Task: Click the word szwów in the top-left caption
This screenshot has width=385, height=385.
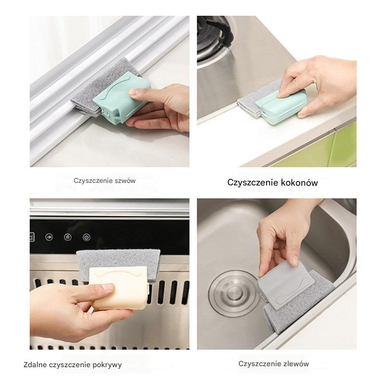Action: click(x=125, y=181)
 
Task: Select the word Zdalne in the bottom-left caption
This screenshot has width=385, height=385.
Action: click(x=35, y=365)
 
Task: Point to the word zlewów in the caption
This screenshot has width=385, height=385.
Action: click(x=296, y=364)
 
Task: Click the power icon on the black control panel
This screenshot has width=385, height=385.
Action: click(x=87, y=237)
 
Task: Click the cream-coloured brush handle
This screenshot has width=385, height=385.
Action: click(x=118, y=287)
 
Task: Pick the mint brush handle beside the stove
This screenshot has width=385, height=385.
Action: click(x=280, y=105)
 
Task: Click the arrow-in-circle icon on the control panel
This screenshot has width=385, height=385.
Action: click(x=49, y=237)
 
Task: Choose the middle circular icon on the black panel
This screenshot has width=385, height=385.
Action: click(x=68, y=237)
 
